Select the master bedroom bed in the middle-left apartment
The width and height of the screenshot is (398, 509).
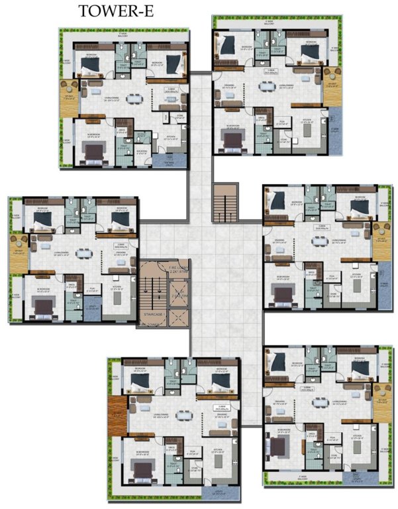(44, 306)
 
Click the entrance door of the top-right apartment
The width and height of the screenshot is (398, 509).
(215, 78)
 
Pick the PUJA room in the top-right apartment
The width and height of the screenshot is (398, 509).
(281, 124)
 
